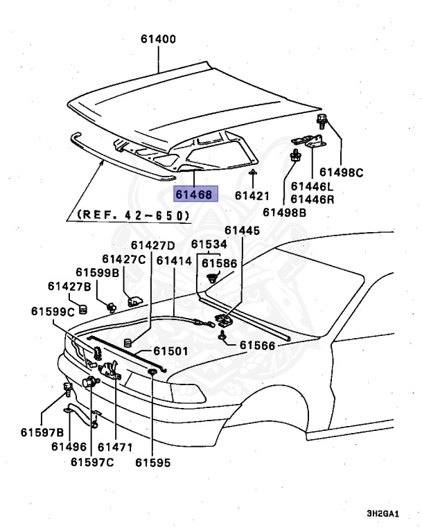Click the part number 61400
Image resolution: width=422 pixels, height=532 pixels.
(x=158, y=40)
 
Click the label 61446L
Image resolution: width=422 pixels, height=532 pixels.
(x=312, y=186)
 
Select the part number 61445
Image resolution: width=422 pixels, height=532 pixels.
(x=242, y=231)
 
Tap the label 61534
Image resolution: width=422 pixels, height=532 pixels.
(x=209, y=244)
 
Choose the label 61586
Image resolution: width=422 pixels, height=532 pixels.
(x=219, y=263)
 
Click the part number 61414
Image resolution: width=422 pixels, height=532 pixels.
(x=174, y=261)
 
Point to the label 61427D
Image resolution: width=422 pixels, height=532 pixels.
(x=153, y=246)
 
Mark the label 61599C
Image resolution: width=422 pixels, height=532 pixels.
(x=53, y=312)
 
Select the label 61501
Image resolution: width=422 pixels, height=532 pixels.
(x=170, y=351)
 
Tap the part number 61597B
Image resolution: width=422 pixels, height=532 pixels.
(x=42, y=433)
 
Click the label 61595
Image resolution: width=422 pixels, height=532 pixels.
(x=152, y=462)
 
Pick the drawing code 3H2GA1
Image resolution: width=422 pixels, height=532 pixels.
(x=383, y=515)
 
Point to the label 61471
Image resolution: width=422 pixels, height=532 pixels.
(x=115, y=447)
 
